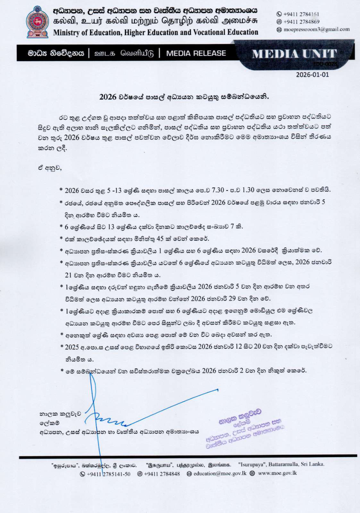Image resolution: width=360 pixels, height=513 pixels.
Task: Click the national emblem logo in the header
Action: (x=37, y=22)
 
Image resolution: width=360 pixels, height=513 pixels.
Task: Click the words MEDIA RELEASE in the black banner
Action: (x=196, y=53)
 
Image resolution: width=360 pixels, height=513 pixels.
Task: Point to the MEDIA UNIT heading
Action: (x=294, y=54)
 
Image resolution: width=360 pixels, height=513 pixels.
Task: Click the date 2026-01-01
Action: (x=312, y=75)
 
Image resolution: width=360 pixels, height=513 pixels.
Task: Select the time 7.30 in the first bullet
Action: (x=218, y=190)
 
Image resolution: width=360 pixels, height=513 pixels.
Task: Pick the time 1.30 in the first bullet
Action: (x=248, y=190)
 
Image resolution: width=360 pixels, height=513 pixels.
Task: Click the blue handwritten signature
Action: (x=108, y=418)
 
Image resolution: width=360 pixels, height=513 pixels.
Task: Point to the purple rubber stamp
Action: (x=245, y=429)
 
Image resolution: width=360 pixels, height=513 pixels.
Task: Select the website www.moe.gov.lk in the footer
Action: (x=277, y=473)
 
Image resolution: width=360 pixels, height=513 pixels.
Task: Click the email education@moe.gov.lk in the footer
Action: (x=220, y=473)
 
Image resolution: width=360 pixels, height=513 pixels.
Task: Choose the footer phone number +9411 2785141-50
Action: (x=108, y=474)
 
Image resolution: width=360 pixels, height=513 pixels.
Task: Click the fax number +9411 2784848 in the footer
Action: (x=162, y=474)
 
